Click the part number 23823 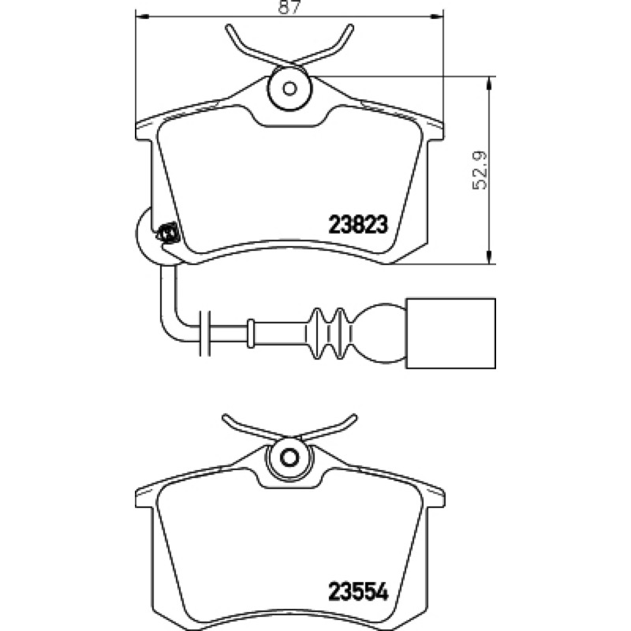click(x=358, y=225)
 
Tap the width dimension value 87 click(x=289, y=7)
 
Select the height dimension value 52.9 click(x=480, y=170)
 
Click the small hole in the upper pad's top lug click(x=289, y=88)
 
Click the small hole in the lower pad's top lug click(x=289, y=458)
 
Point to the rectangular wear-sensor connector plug click(x=451, y=333)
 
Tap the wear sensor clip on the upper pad click(x=167, y=233)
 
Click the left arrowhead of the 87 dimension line click(x=141, y=17)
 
